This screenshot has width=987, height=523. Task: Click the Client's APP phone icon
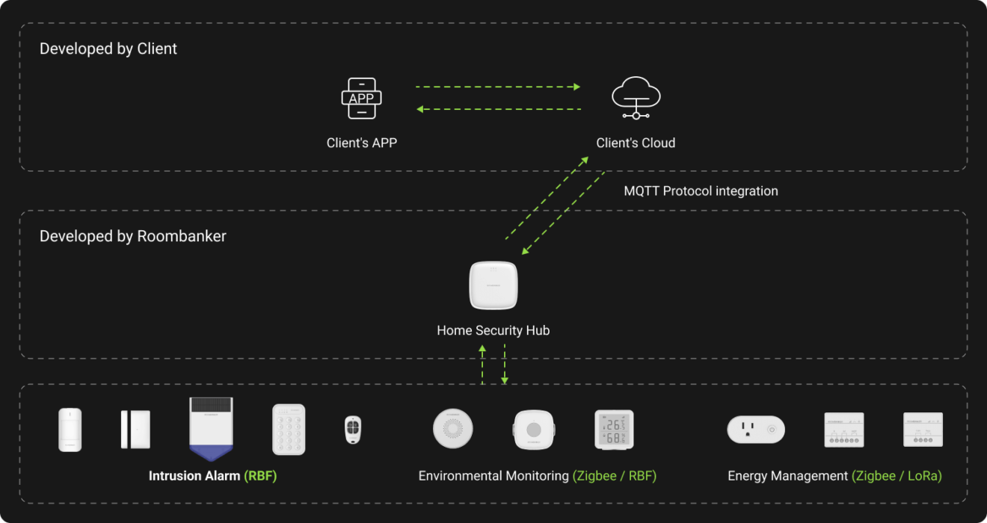point(362,99)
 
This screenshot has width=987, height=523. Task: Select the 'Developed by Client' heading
point(108,49)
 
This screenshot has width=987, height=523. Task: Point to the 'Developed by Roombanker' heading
point(133,237)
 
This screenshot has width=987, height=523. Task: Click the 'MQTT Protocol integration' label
point(701,191)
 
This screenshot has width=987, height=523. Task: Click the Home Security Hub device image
point(493,285)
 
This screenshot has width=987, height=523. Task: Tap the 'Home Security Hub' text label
point(493,330)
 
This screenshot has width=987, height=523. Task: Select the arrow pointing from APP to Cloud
point(498,87)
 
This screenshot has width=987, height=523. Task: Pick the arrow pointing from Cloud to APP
point(498,110)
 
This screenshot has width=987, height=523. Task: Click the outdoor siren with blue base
point(211,429)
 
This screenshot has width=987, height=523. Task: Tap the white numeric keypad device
point(289,430)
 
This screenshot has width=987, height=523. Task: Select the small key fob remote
point(352,430)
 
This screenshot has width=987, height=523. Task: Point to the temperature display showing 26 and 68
point(614,430)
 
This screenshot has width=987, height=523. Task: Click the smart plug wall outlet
point(755,430)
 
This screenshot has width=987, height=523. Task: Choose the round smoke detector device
point(453,429)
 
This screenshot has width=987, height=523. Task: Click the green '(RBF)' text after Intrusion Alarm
point(260,476)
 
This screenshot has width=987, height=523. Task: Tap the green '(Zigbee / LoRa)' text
point(897,476)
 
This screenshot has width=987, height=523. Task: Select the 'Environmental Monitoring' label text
point(493,476)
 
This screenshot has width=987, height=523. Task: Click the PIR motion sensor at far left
point(70,430)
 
